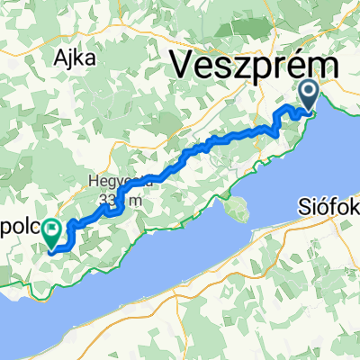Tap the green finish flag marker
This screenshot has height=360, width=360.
[x=52, y=233]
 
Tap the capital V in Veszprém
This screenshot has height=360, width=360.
[x=184, y=65]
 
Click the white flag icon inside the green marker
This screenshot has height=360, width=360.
[x=52, y=230]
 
